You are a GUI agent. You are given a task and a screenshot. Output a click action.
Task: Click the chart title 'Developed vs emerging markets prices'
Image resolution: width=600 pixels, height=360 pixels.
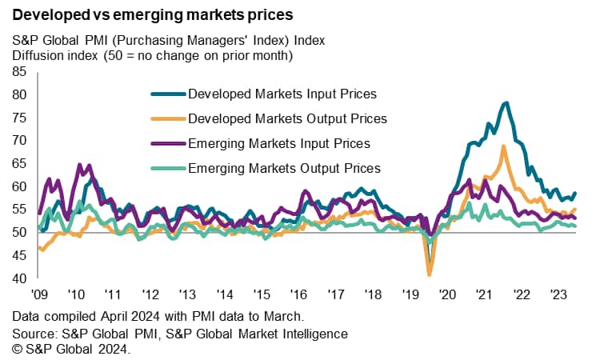tap(152, 14)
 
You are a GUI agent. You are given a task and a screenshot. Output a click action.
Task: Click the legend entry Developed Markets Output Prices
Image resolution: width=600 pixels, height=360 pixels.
tap(287, 118)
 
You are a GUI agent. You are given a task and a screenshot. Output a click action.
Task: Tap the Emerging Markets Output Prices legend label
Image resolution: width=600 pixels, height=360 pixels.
tap(284, 168)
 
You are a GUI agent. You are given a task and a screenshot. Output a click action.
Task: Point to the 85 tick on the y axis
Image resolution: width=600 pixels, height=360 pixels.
tap(20, 71)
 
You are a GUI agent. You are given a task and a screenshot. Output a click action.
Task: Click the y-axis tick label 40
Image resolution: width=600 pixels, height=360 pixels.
tap(20, 278)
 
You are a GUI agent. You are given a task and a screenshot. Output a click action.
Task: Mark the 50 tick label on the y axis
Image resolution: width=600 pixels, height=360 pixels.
tap(20, 232)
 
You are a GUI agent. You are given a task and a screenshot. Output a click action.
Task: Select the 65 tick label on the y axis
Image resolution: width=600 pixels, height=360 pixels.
tap(20, 163)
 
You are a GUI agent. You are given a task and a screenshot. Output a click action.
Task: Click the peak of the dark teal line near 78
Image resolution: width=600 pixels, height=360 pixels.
tap(506, 102)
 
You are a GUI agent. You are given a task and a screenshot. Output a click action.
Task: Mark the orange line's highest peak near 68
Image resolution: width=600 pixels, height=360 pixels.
tap(503, 146)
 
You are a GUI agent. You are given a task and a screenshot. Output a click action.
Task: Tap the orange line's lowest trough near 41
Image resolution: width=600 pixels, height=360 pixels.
tap(430, 274)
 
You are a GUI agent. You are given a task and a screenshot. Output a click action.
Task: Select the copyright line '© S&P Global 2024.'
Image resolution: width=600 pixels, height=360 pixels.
tap(71, 350)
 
